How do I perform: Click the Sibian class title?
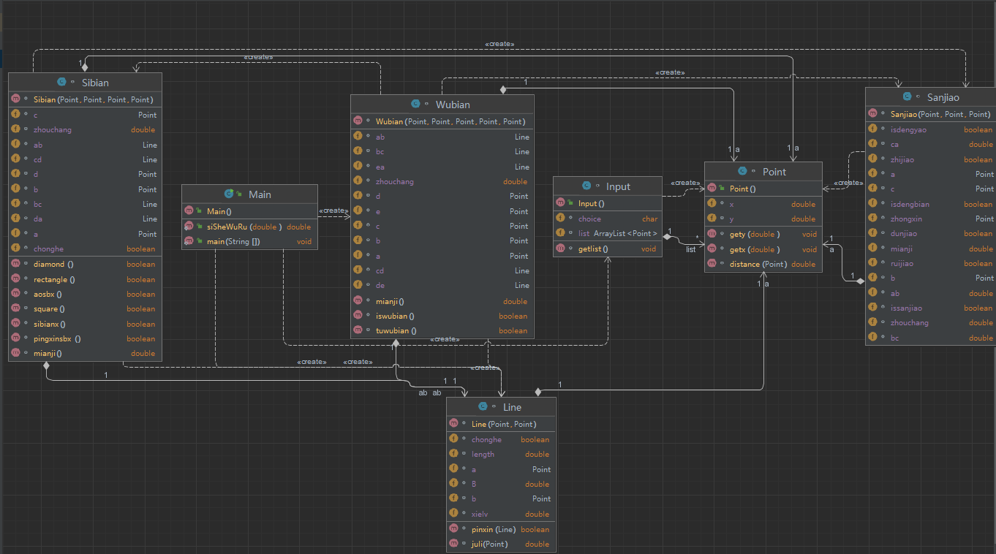pos(95,83)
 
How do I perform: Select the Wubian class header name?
pos(453,105)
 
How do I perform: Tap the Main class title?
pos(260,194)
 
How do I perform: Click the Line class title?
pos(512,407)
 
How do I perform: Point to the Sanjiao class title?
pos(943,97)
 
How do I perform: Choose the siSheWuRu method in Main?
pos(227,227)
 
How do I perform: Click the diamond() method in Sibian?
pos(53,264)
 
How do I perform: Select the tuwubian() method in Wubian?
pos(396,330)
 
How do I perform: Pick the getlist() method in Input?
pos(593,248)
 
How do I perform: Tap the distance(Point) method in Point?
pos(758,264)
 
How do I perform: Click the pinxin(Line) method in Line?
pos(494,529)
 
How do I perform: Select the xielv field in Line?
pos(480,514)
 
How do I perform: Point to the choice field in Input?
pos(589,219)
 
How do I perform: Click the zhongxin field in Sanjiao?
pos(906,219)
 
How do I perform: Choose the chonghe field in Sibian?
pos(48,248)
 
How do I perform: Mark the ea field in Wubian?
pos(380,167)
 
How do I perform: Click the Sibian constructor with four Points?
pos(94,99)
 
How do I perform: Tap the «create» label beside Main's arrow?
pos(334,210)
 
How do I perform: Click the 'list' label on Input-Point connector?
pos(690,249)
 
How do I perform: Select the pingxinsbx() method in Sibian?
pos(57,338)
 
